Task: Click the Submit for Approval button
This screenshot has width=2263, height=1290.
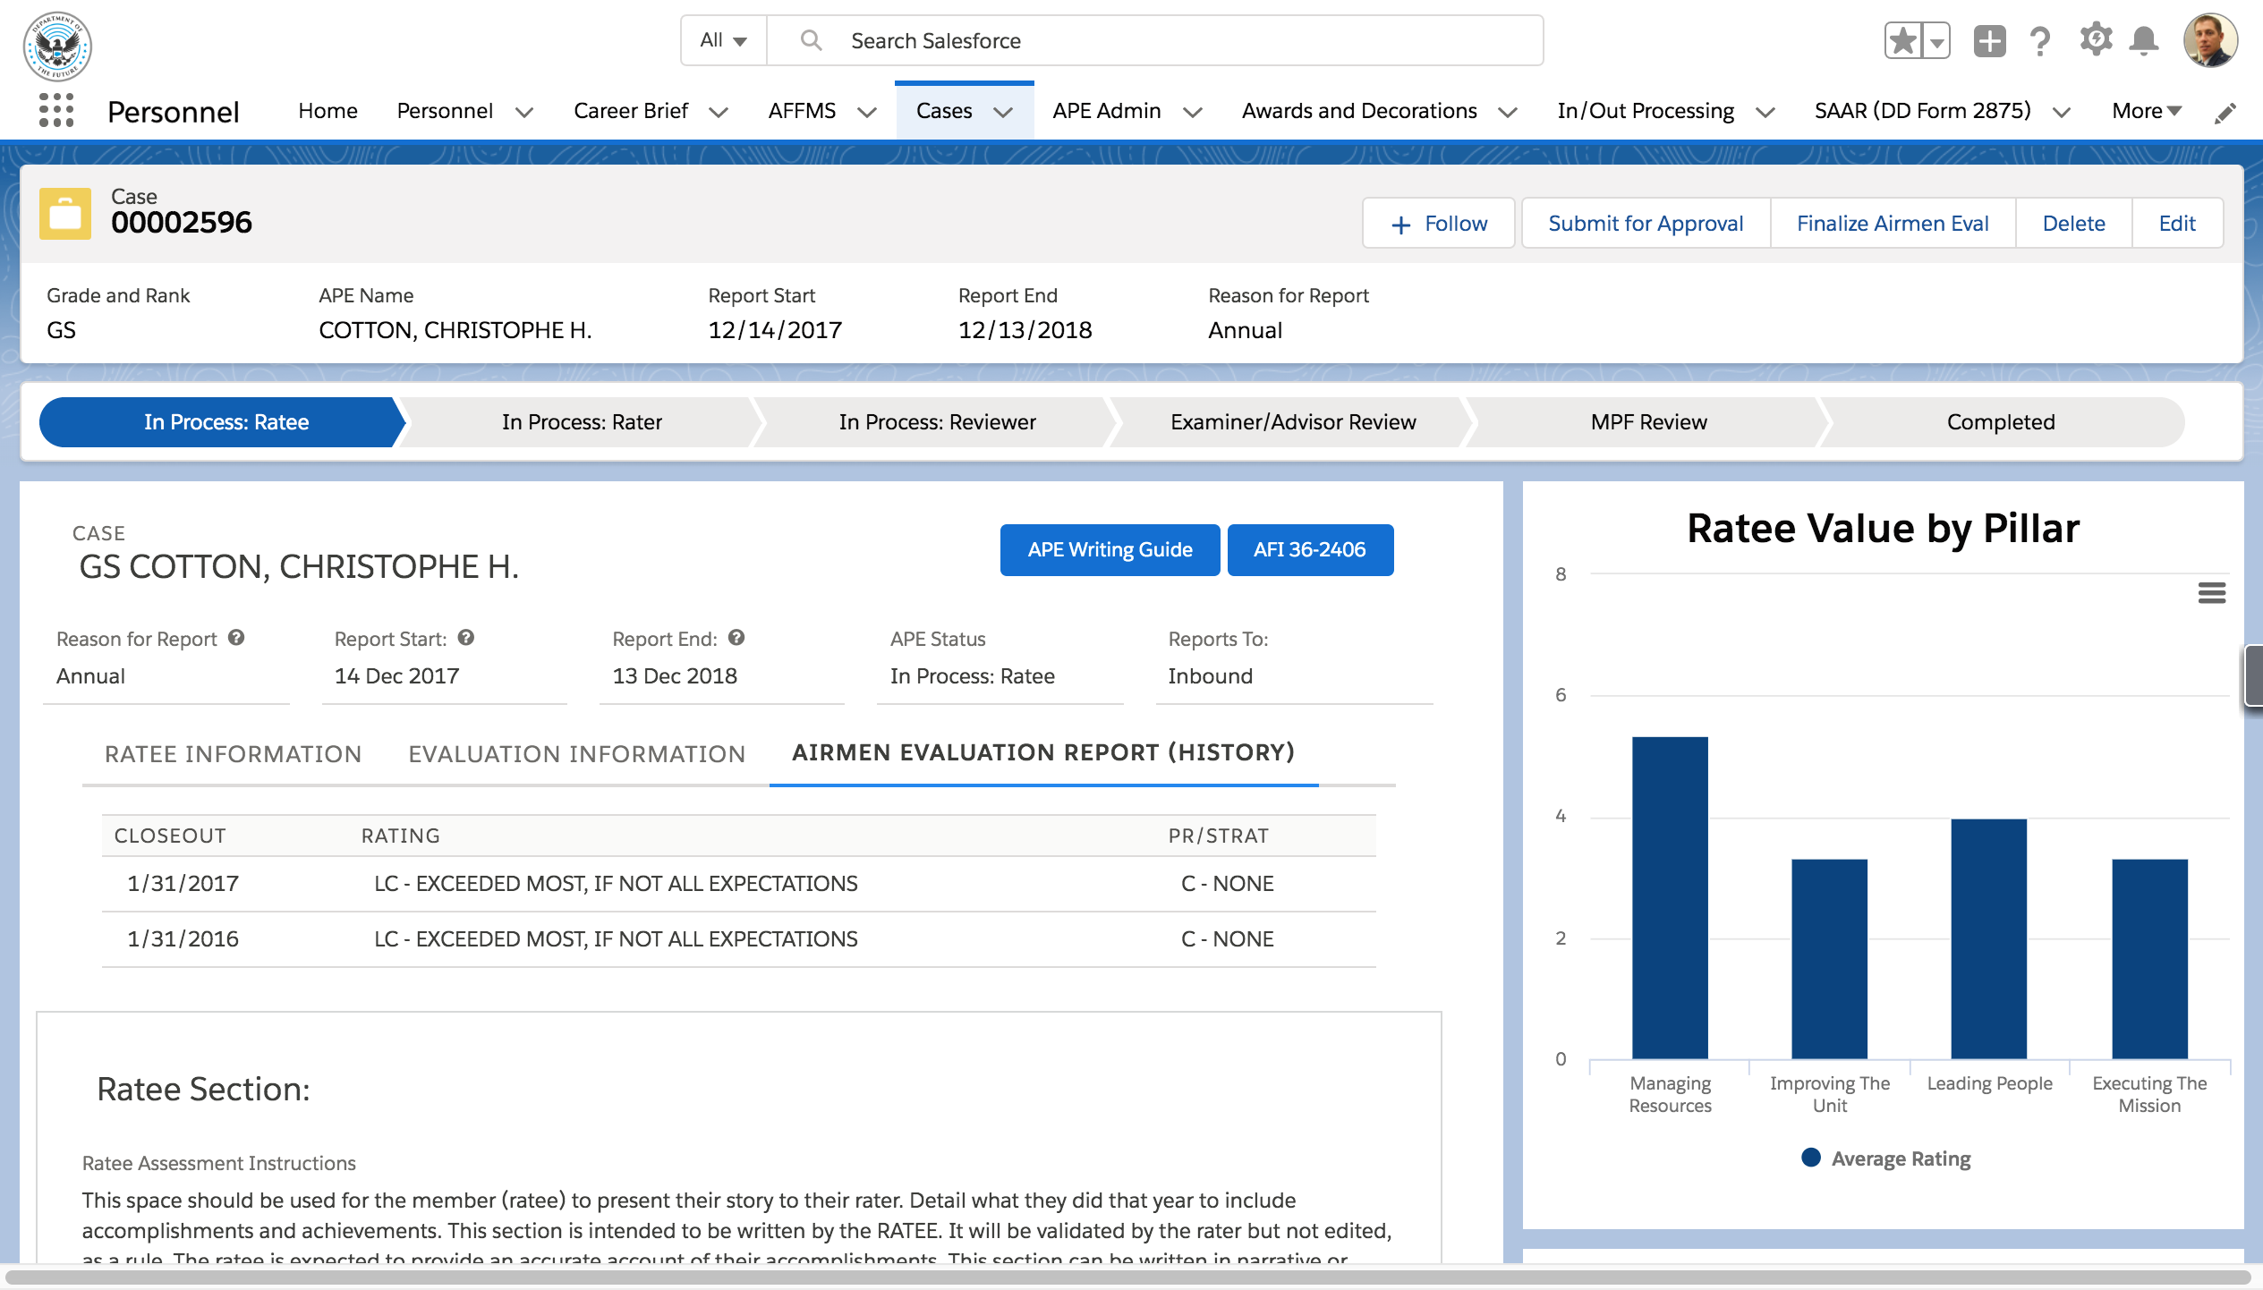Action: point(1645,224)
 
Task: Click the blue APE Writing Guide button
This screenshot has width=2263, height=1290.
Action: point(1109,549)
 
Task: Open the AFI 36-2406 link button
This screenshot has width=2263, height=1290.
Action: point(1309,549)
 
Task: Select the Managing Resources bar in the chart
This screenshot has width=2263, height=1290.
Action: point(1669,897)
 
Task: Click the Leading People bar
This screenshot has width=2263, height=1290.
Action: point(1987,938)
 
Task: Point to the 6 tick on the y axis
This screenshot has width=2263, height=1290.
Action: point(1561,695)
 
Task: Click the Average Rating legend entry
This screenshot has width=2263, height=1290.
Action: point(1886,1158)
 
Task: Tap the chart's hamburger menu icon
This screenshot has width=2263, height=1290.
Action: point(2211,593)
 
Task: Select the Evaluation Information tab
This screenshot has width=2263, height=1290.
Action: point(576,754)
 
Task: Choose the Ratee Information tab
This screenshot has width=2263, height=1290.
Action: point(233,754)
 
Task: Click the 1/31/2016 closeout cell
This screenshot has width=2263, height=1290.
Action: point(183,938)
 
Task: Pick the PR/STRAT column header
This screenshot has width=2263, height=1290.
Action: point(1218,836)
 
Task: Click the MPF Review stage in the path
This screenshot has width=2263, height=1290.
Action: point(1647,422)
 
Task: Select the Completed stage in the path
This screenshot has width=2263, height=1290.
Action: point(2000,422)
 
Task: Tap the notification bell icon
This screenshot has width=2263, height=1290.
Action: point(2143,41)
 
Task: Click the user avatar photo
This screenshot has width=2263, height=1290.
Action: point(2209,41)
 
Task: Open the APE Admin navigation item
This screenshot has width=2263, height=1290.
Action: point(1106,111)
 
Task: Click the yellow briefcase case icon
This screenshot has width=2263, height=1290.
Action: point(65,214)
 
